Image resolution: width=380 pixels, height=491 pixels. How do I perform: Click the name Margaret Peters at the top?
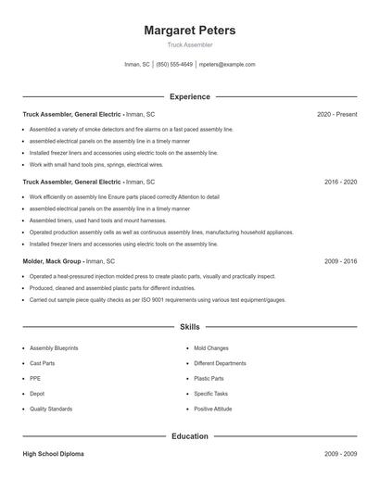[189, 31]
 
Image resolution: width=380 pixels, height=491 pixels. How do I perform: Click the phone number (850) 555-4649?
[174, 65]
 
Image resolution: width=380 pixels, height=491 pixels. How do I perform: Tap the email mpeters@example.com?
[226, 65]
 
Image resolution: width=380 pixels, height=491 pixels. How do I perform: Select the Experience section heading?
[189, 96]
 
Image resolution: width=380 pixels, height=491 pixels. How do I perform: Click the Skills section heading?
[189, 327]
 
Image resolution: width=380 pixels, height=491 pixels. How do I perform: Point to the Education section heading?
[189, 436]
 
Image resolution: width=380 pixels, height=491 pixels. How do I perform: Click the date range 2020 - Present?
[336, 114]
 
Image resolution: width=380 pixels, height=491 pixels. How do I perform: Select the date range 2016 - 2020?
[340, 183]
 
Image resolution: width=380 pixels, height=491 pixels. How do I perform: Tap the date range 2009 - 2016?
[340, 262]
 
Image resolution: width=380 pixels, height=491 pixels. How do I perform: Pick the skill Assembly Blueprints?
[54, 347]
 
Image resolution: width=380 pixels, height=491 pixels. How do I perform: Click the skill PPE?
[34, 378]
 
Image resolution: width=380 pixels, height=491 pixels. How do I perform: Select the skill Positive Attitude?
[213, 409]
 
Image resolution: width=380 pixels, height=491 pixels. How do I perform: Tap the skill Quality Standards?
[50, 409]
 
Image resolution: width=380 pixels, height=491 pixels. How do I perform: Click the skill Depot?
[36, 394]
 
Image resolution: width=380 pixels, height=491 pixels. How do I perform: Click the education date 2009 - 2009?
[340, 455]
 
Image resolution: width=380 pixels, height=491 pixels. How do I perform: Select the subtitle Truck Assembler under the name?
[189, 44]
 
